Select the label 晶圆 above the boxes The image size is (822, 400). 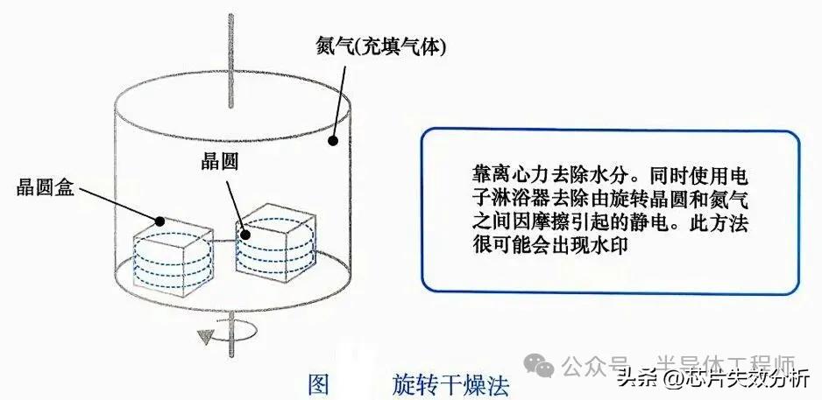point(215,161)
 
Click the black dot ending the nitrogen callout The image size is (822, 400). point(333,140)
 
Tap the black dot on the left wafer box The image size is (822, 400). point(161,221)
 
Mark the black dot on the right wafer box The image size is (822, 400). point(247,233)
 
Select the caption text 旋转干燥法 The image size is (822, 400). point(450,384)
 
